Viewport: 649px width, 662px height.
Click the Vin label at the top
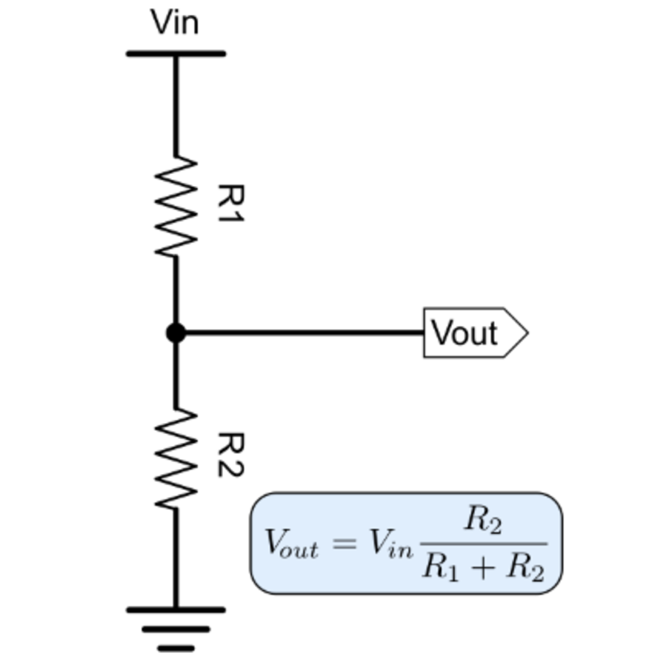coord(175,22)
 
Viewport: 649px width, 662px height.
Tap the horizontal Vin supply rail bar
coord(176,53)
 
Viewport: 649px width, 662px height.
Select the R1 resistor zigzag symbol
coord(176,206)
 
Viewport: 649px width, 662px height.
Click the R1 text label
coord(230,203)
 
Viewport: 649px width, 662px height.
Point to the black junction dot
coord(176,332)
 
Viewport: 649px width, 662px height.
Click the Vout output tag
coord(476,332)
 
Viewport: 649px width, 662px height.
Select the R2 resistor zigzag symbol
coord(176,458)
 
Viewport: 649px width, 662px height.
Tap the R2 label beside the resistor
coord(230,455)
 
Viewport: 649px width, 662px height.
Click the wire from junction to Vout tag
coord(304,332)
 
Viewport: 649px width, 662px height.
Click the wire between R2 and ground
coord(176,558)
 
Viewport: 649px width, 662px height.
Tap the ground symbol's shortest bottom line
coord(176,648)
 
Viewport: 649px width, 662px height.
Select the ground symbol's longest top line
coord(176,610)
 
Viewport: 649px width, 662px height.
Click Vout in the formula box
coord(292,544)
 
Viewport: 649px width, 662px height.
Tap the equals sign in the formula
coord(344,544)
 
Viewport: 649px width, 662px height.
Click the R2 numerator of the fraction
coord(483,520)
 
